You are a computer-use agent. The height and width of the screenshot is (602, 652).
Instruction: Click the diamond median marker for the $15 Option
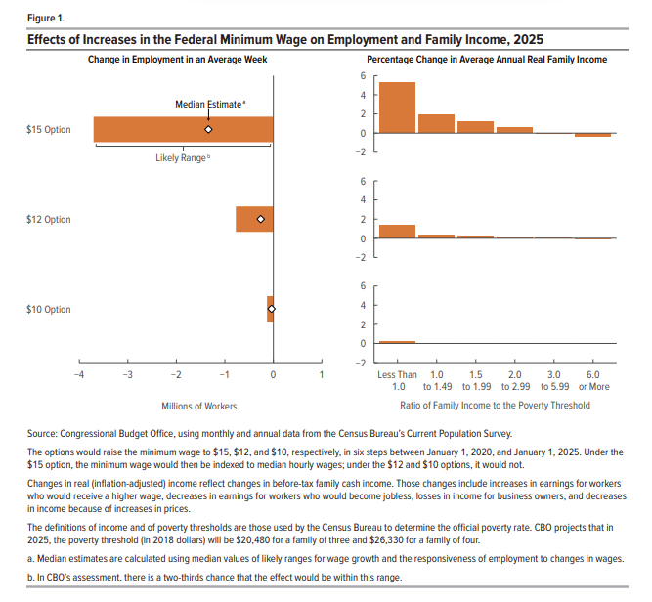point(208,129)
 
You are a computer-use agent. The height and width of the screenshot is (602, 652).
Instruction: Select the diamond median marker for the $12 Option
point(260,220)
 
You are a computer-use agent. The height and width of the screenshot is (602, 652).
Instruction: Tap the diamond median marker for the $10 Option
point(272,309)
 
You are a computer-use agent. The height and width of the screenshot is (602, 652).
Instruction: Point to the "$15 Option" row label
point(49,129)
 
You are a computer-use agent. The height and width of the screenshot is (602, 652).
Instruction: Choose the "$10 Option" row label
point(49,310)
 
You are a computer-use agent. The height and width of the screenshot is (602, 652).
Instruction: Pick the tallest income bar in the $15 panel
point(397,107)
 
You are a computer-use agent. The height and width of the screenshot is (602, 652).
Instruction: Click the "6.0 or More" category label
point(593,380)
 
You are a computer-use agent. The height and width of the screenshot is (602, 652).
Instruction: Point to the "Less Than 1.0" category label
point(397,380)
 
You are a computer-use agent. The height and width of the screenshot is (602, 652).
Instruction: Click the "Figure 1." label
point(47,18)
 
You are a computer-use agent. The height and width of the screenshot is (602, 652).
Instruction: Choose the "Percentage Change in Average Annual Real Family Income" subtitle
point(495,60)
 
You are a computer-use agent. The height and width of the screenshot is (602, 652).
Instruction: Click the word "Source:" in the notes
point(45,433)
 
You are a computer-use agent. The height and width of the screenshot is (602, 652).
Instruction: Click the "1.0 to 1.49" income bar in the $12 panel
point(436,236)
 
